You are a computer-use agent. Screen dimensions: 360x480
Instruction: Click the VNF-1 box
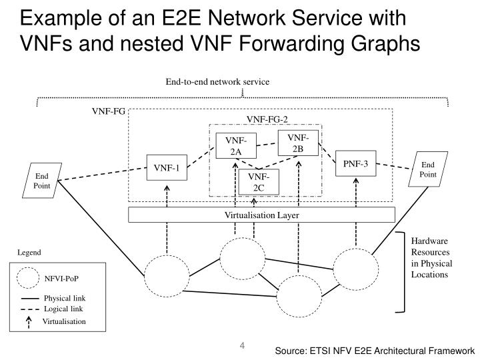167,168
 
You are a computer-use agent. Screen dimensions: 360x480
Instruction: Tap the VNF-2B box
297,143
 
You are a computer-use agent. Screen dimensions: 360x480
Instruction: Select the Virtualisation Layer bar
261,215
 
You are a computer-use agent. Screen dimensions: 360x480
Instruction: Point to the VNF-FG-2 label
267,119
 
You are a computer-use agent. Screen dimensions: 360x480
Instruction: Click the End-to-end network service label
217,82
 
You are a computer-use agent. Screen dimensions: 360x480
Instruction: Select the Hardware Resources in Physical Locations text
430,257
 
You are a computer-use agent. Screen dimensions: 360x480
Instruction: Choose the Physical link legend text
65,298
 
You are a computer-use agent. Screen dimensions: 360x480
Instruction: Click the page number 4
242,346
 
